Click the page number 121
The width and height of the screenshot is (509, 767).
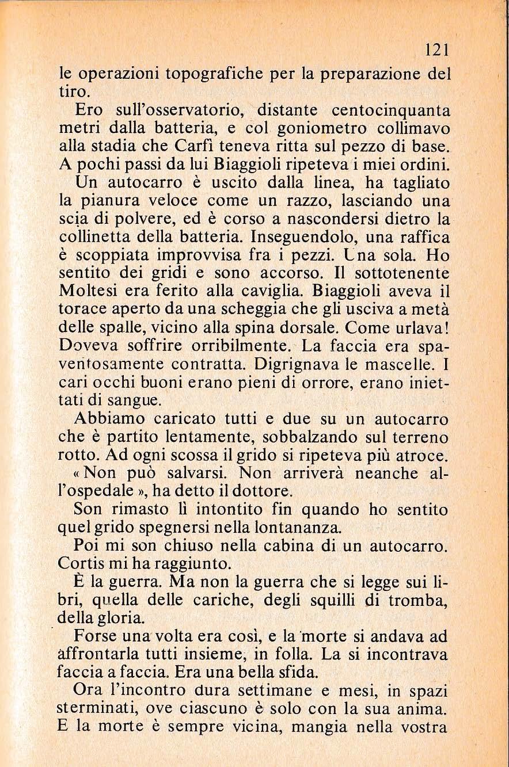tap(434, 50)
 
